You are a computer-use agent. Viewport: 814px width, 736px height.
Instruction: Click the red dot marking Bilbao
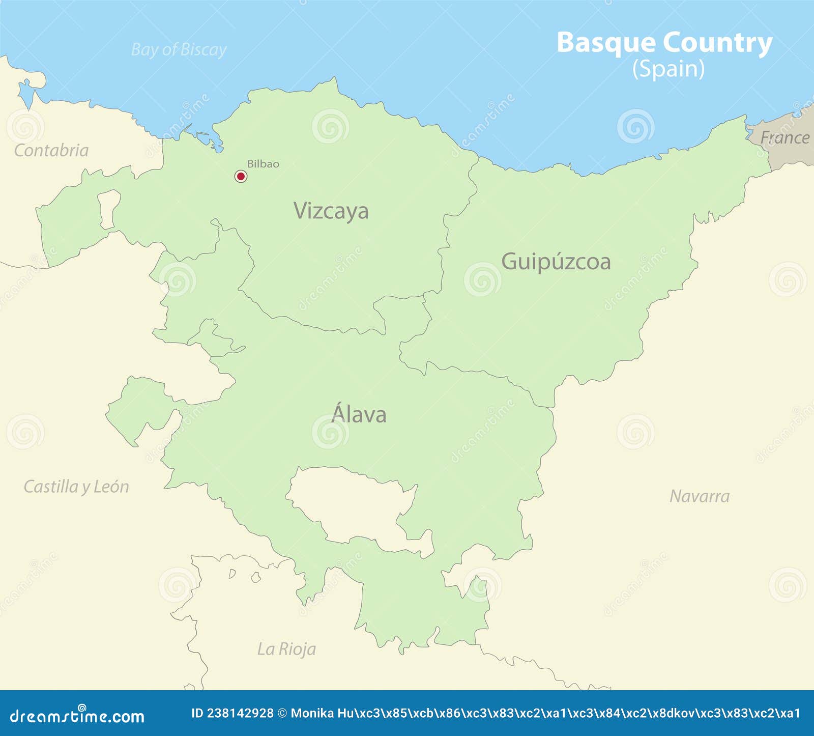(241, 176)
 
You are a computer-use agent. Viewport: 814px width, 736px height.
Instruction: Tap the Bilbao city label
(263, 164)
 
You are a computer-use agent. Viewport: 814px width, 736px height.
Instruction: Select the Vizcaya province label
(331, 211)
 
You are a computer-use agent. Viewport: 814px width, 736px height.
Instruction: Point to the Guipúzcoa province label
(556, 262)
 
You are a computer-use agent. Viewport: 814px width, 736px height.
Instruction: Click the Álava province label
(359, 414)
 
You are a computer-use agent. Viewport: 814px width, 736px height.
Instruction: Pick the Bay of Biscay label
(179, 50)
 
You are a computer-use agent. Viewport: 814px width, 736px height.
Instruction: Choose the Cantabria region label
(51, 151)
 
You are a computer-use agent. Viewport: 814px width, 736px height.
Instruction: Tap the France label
(784, 138)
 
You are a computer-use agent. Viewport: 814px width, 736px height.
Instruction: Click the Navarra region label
(699, 496)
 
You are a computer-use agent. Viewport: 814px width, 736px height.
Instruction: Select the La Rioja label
(286, 649)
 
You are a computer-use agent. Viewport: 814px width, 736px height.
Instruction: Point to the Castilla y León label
(76, 487)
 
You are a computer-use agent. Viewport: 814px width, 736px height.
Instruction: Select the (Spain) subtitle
(668, 69)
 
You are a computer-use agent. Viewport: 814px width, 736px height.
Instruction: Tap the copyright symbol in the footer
(282, 714)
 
